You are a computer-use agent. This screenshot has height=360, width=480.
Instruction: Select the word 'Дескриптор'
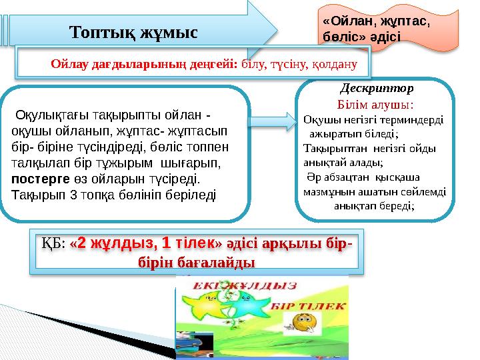point(377,88)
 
